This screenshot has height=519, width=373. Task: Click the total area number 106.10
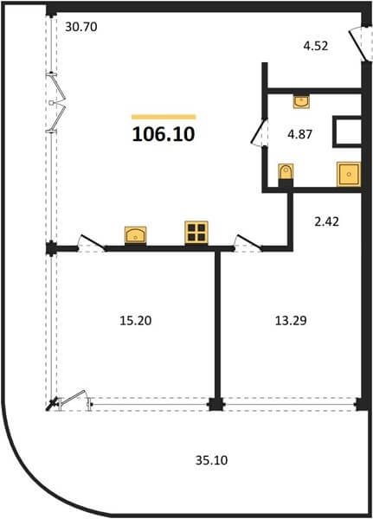[x=164, y=134]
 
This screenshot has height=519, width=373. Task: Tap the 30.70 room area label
[x=81, y=27]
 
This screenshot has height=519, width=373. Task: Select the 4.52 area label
[x=316, y=46]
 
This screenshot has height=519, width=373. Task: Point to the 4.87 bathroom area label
[x=299, y=134]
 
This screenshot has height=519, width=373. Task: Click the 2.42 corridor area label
[x=326, y=221]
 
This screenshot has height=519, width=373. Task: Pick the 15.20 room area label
[x=136, y=320]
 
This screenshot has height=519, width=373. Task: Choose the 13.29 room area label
[x=291, y=320]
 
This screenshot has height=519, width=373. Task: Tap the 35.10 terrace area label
[x=211, y=460]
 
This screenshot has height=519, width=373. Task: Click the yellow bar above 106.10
[x=164, y=117]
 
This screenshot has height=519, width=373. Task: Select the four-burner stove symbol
[x=196, y=233]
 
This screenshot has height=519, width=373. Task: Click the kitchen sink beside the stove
[x=136, y=235]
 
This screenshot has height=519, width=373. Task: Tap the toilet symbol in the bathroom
[x=286, y=172]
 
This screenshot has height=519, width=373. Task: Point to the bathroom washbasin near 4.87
[x=301, y=100]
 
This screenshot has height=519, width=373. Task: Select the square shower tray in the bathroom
[x=349, y=174]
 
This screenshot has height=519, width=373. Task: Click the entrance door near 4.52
[x=359, y=44]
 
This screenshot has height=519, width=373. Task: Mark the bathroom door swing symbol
[x=260, y=132]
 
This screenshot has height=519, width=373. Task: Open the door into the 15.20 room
[x=92, y=243]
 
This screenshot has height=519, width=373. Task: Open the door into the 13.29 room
[x=248, y=243]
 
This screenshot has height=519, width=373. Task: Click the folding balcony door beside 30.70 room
[x=55, y=103]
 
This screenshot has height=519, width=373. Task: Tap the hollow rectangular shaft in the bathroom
[x=347, y=131]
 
